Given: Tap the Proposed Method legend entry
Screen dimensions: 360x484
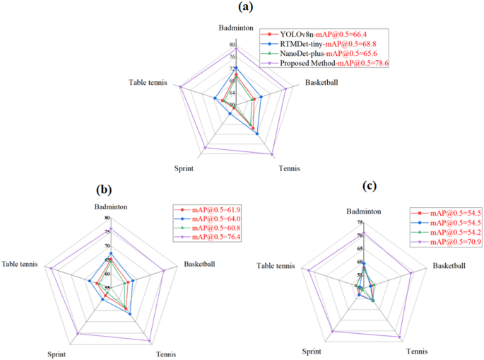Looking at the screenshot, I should (324, 64).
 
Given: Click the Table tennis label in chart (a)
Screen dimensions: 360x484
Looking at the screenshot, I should (148, 83).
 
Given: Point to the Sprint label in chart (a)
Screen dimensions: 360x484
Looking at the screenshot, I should (184, 168).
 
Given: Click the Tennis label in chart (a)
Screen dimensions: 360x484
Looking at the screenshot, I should (289, 168).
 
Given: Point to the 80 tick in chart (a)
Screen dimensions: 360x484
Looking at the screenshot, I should (233, 44).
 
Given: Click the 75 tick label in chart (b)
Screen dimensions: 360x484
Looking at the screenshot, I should (107, 231).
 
